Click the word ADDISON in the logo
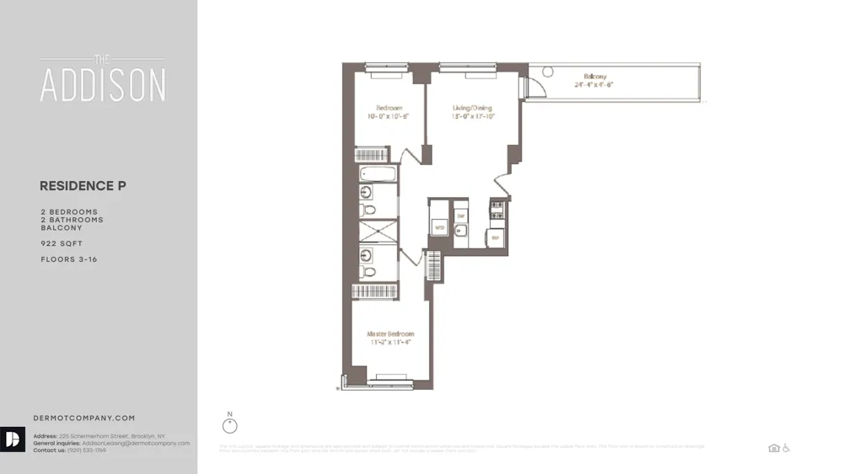[x=103, y=85]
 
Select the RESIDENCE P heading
[x=83, y=186]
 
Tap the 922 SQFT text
[x=62, y=243]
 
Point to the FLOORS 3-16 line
[x=68, y=259]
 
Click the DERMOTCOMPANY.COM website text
[x=83, y=418]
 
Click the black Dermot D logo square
[x=13, y=440]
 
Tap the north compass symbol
[x=230, y=425]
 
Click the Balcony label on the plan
[x=595, y=77]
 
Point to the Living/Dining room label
[x=472, y=108]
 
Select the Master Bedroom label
[x=390, y=334]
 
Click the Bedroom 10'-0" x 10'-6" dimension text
[x=389, y=117]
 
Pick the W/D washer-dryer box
[x=439, y=227]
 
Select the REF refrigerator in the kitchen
[x=497, y=238]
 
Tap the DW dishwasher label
[x=460, y=216]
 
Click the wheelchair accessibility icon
[x=787, y=449]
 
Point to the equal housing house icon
[x=774, y=449]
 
